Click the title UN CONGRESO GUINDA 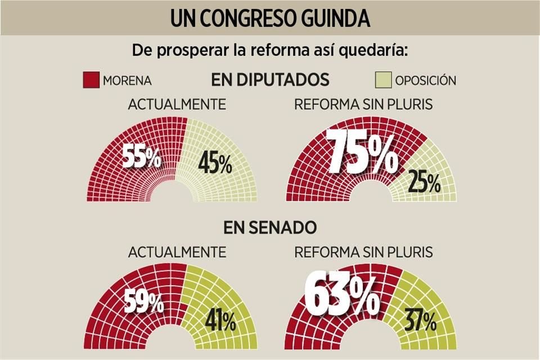(270, 19)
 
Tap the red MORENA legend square (91, 80)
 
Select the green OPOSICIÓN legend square (383, 80)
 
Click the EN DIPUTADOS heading (270, 80)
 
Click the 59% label (145, 303)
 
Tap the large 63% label (341, 294)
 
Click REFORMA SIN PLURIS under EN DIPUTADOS (363, 105)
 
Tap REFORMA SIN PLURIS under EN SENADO (363, 252)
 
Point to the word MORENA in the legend (127, 80)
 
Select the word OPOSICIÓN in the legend (425, 80)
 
